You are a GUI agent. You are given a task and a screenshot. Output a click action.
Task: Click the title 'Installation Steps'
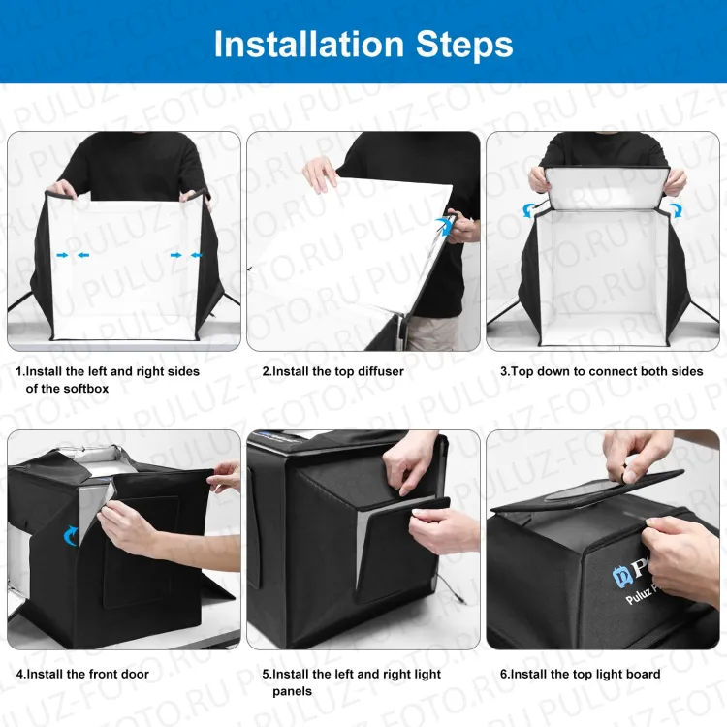pos(363,44)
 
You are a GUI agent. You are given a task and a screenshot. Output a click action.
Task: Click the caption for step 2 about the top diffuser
pos(332,371)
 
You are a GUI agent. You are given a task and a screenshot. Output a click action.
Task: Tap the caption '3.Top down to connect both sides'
pos(601,371)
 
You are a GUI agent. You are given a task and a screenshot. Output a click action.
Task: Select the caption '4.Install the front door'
pos(82,674)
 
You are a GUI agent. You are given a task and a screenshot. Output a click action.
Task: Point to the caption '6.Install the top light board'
pos(580,674)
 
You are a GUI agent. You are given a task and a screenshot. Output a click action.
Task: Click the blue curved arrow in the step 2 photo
pos(445,226)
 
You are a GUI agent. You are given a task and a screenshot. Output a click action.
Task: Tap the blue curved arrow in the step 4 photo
pos(71,535)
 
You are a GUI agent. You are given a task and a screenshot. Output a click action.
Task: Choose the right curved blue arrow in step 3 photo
pos(675,208)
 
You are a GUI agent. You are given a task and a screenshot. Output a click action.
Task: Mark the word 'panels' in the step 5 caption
pos(292,691)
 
